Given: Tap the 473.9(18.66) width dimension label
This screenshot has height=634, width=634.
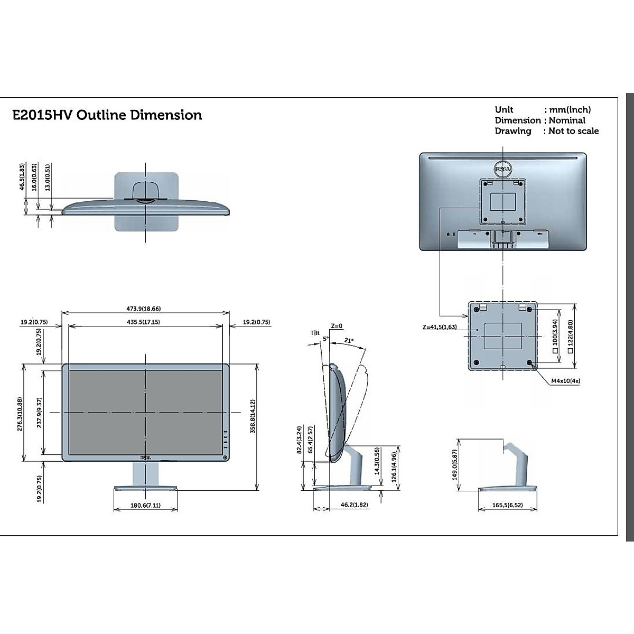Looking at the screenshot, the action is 144,309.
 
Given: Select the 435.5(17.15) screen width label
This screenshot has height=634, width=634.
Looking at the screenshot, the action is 144,322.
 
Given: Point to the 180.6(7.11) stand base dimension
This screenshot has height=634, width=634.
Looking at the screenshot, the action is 145,505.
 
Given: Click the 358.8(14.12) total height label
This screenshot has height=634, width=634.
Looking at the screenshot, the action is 253,416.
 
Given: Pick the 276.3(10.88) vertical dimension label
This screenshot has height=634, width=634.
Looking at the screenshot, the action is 20,414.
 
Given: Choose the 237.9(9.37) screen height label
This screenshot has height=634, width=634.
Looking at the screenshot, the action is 40,413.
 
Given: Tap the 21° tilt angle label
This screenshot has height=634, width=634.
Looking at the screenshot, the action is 349,341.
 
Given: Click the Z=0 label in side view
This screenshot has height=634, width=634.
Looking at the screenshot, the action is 337,326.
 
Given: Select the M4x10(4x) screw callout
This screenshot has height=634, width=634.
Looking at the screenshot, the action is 566,380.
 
